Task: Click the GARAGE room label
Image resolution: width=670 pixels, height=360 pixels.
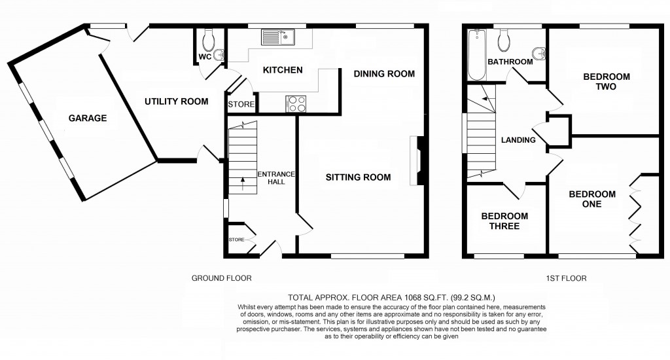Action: click(x=88, y=118)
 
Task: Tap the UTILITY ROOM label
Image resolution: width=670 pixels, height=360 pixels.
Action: click(x=176, y=101)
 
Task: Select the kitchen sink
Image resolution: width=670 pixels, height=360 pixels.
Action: click(x=279, y=38)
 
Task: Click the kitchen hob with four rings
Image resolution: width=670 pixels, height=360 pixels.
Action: click(x=296, y=104)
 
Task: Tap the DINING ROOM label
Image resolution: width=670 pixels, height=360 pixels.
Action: click(x=384, y=74)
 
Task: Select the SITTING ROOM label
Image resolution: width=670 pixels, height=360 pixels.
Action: click(x=358, y=177)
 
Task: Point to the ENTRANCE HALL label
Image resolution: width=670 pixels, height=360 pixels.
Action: click(x=272, y=177)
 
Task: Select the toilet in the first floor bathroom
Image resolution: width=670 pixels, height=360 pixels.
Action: click(x=504, y=41)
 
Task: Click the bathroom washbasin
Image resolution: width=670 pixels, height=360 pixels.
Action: click(x=538, y=53)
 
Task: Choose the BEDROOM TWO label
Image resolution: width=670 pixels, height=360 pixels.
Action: click(x=607, y=81)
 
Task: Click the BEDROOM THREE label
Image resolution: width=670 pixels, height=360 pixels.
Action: click(x=504, y=221)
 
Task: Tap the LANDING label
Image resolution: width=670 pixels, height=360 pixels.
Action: click(x=518, y=140)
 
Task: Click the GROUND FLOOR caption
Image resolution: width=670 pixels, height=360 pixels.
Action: click(x=221, y=278)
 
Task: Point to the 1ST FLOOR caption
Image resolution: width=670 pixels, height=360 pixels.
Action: click(x=566, y=278)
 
